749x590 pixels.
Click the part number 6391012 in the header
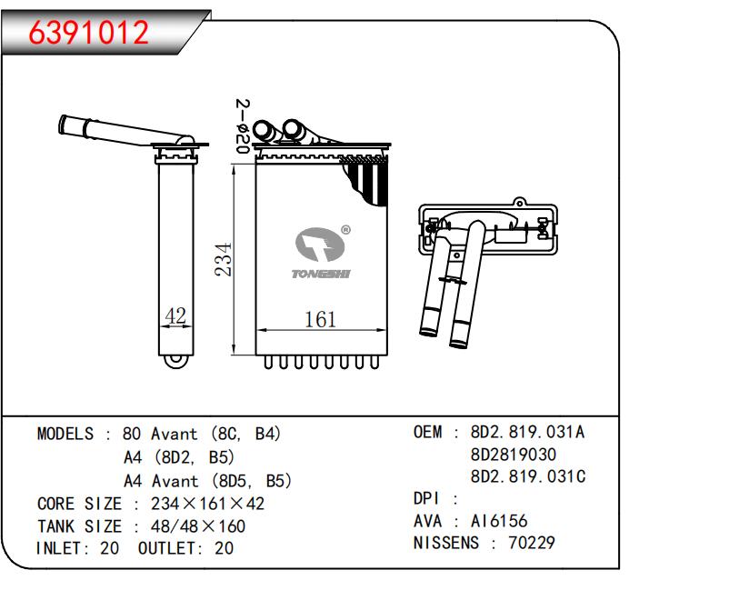click(x=88, y=33)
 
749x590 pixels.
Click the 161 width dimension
click(x=319, y=319)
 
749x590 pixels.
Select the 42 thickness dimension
click(x=175, y=315)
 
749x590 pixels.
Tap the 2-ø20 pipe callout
click(x=242, y=126)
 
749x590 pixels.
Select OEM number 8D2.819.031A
click(x=527, y=432)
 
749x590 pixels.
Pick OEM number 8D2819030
click(x=514, y=454)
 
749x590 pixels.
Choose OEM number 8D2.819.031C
click(x=527, y=476)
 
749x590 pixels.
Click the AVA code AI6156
click(x=498, y=521)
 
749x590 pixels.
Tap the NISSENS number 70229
click(x=532, y=544)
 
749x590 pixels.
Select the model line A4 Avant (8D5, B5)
click(x=207, y=480)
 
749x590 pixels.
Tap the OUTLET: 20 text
click(x=186, y=548)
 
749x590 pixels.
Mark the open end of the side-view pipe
click(x=64, y=123)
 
